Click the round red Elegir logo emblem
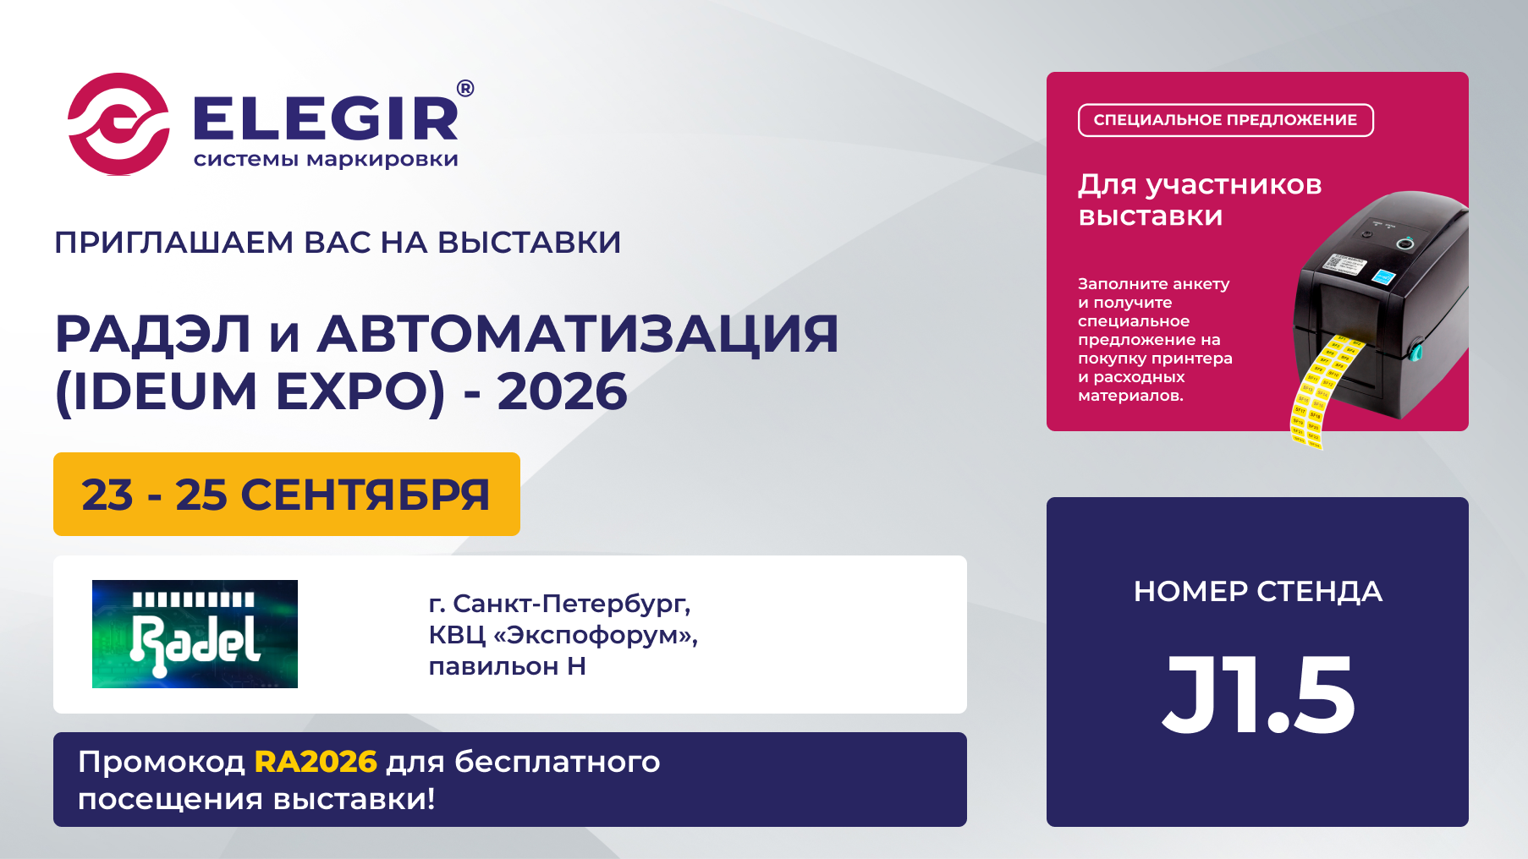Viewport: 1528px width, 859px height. (x=118, y=124)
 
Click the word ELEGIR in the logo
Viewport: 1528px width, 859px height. (x=327, y=119)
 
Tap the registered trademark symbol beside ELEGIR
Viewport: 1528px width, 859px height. (x=465, y=89)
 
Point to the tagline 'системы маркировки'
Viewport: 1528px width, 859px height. (x=326, y=160)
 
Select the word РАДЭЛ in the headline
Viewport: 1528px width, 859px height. (x=153, y=334)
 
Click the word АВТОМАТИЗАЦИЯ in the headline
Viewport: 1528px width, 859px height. (x=578, y=334)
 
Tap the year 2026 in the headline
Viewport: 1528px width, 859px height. (x=563, y=391)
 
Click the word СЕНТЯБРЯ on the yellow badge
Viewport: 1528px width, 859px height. (x=366, y=495)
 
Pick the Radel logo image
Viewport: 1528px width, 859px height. (x=195, y=634)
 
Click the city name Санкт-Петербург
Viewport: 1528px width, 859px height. (x=572, y=604)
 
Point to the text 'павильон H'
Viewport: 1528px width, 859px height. (x=508, y=666)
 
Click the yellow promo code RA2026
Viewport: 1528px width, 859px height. (x=316, y=762)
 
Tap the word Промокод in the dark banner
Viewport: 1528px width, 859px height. (x=162, y=763)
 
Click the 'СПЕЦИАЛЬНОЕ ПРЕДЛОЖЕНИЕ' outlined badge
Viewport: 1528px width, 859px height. (x=1226, y=120)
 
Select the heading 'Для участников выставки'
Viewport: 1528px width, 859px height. (x=1200, y=200)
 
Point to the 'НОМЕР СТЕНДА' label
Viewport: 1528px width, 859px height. (x=1258, y=592)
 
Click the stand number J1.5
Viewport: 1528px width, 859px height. (x=1258, y=695)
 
